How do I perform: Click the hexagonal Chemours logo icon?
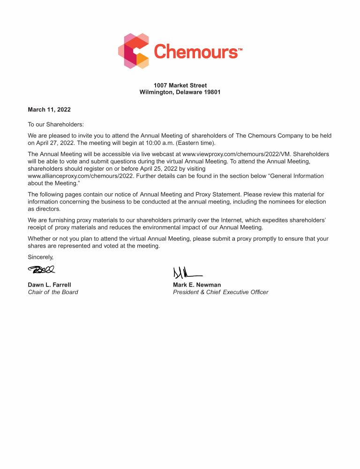(134, 51)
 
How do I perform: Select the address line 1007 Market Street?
(180, 85)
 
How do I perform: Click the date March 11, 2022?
(49, 110)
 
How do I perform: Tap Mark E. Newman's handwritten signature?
(187, 272)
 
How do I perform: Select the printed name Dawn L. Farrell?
(50, 285)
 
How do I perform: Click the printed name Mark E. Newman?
(197, 285)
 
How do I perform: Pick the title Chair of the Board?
(53, 292)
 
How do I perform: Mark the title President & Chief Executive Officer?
(220, 292)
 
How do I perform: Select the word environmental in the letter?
(162, 227)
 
